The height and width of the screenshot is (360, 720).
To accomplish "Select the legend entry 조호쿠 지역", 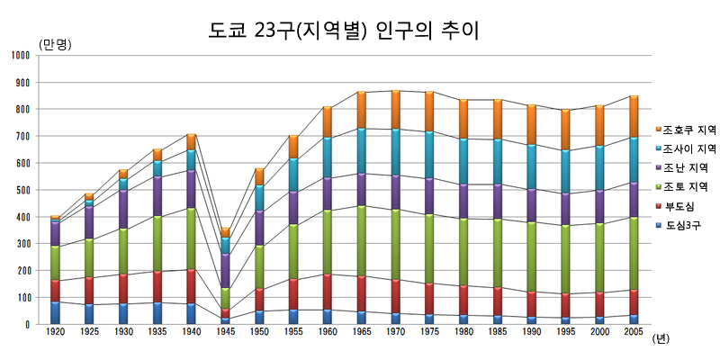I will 689,130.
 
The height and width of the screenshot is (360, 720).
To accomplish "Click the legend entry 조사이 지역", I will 689,149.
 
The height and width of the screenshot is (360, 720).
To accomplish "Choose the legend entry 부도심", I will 682,206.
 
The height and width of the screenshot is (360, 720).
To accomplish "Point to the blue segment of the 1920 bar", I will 56,312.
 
